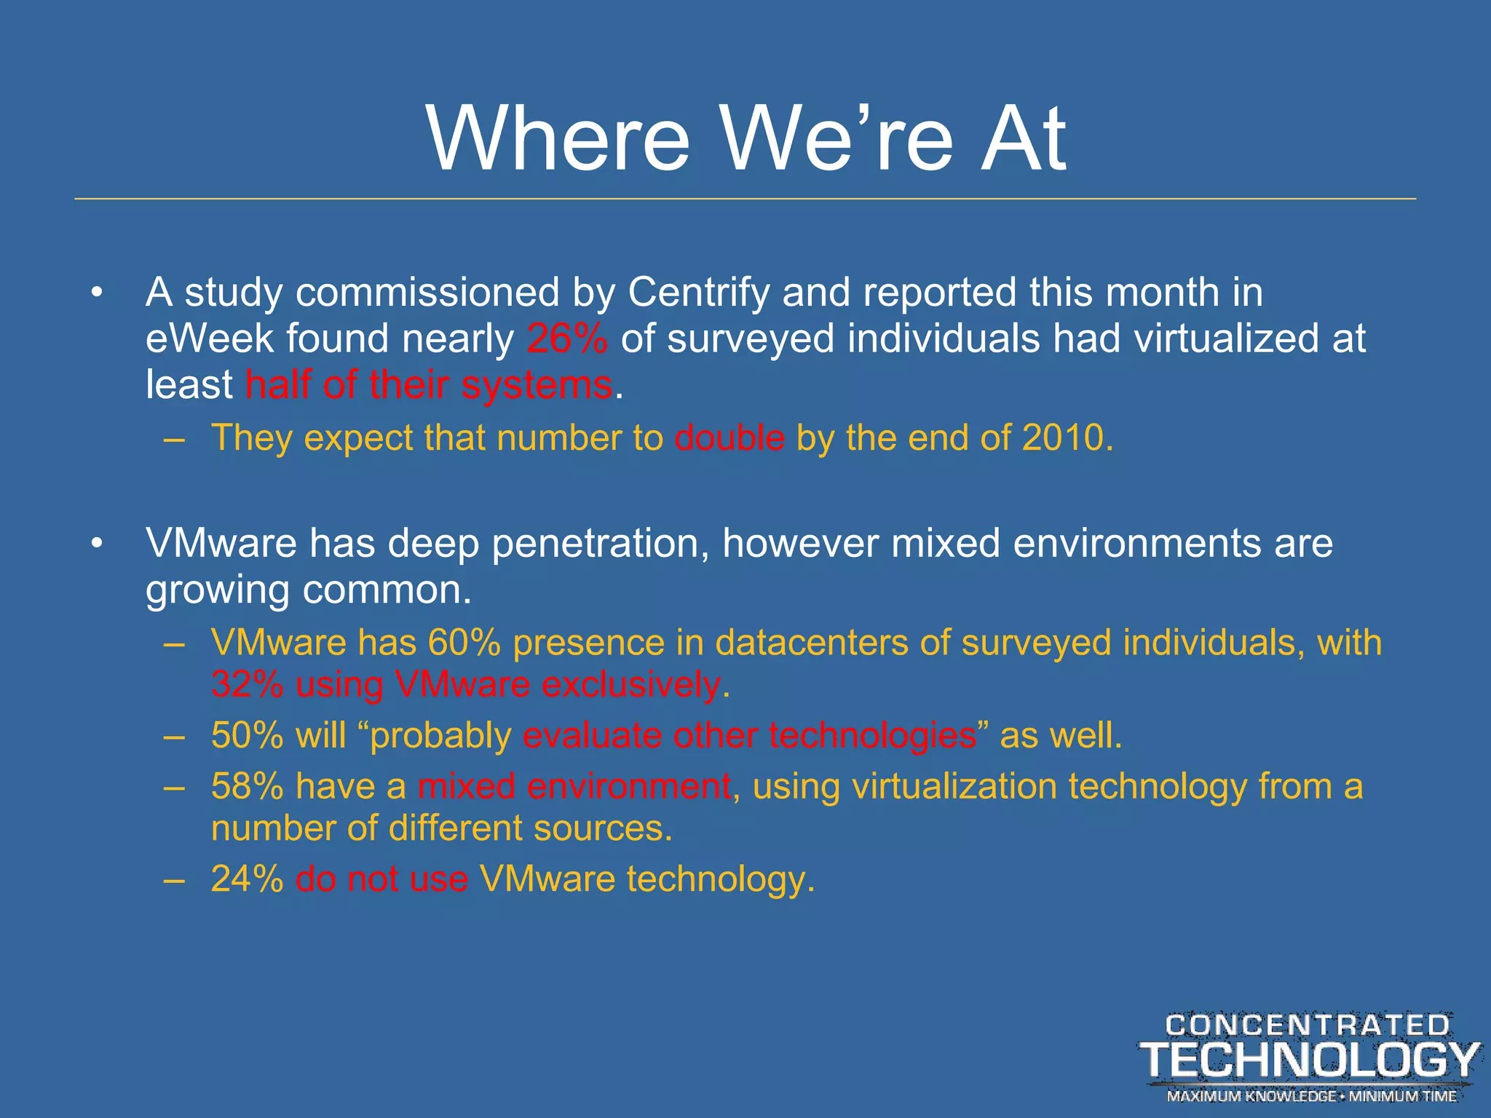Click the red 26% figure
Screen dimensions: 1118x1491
coord(567,338)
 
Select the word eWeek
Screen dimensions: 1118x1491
coord(208,338)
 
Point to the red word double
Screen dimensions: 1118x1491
coord(729,438)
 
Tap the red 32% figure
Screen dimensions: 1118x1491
coord(247,685)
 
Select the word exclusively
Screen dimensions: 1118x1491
coord(631,685)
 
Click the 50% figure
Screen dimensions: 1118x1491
coord(247,735)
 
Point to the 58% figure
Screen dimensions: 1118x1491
coord(247,787)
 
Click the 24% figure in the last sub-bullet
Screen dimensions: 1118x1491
coord(247,879)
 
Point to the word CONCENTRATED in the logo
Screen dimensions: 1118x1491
coord(1308,1026)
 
